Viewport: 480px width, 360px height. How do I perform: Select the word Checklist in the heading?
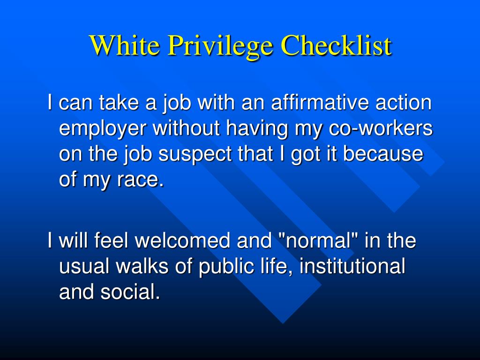tap(336, 45)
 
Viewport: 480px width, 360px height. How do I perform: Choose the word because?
tap(383, 154)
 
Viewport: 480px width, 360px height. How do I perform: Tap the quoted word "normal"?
tap(316, 241)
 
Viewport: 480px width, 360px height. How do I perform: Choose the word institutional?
tap(352, 267)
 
